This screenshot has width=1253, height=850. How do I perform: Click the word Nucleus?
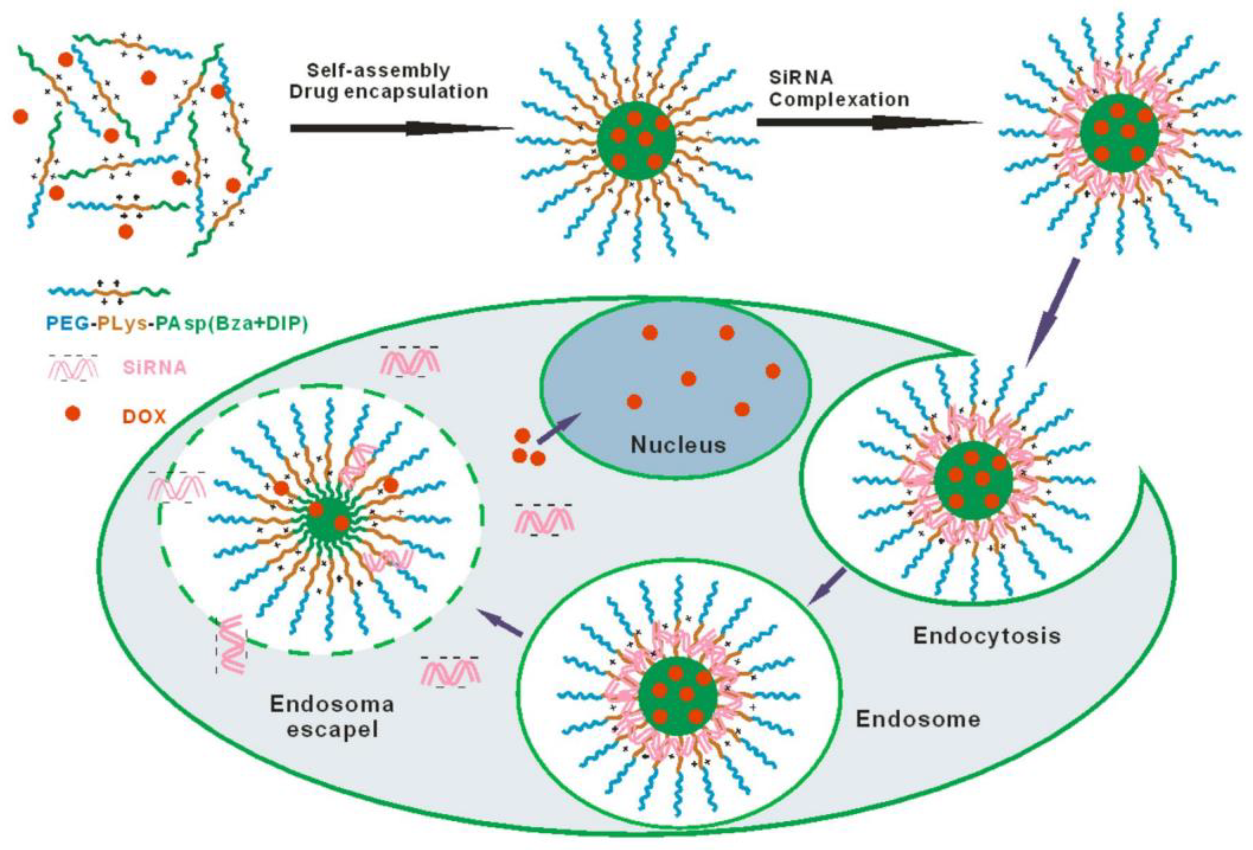[678, 445]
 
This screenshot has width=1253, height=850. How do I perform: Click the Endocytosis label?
[987, 636]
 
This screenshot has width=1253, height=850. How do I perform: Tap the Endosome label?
[918, 719]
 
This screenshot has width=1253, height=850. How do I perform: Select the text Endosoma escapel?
[332, 717]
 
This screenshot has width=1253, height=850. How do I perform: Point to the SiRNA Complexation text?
[838, 89]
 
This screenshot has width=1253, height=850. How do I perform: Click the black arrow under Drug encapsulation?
[402, 128]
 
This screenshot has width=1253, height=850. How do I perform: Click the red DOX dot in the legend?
[73, 414]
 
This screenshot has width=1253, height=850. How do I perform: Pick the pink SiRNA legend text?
[155, 368]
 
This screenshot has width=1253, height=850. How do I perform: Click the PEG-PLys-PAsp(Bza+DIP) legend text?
[177, 323]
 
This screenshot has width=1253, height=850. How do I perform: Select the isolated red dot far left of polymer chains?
[21, 116]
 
